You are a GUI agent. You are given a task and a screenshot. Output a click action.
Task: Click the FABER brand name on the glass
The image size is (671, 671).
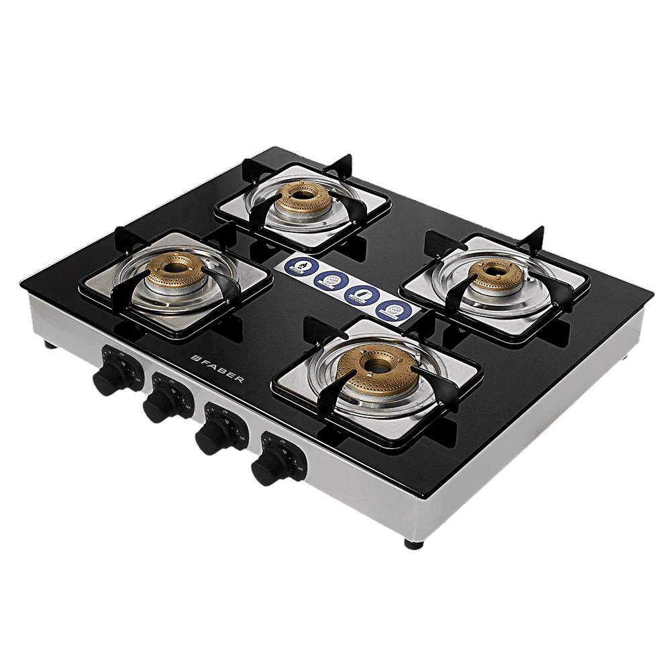click(x=221, y=368)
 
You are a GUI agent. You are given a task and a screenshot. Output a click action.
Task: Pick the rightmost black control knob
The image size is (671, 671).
click(x=268, y=466)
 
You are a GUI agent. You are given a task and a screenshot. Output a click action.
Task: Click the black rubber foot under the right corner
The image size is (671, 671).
click(x=413, y=542)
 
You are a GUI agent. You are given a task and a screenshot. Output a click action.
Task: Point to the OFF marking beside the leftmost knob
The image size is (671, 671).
click(x=137, y=378)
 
